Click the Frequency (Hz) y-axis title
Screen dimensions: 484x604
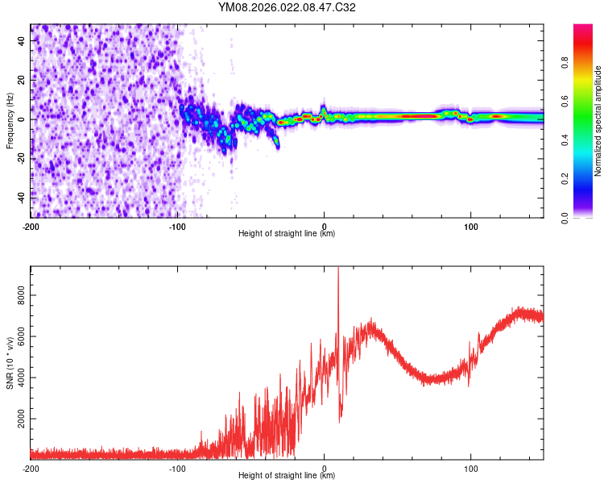10,120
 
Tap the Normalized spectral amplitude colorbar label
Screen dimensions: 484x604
598,121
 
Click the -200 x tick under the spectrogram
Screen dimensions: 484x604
31,225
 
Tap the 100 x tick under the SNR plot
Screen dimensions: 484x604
470,467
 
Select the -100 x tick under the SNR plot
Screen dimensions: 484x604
177,467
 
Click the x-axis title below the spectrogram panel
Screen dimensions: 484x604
287,234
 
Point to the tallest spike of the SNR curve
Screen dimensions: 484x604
338,269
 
